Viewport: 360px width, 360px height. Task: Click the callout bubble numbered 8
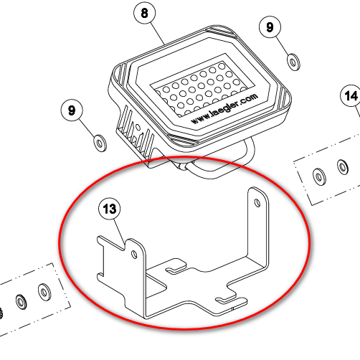[144, 13]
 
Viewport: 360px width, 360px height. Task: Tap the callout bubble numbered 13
[110, 209]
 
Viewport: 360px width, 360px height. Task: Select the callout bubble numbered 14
[351, 95]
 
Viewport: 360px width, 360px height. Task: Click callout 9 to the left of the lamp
[72, 110]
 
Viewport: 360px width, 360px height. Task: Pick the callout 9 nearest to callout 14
[270, 27]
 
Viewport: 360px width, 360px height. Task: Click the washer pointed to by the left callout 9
[100, 143]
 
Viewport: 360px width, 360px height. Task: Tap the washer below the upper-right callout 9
[293, 62]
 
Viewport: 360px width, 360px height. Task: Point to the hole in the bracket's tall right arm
[257, 203]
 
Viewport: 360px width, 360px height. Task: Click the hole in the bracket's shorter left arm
[134, 255]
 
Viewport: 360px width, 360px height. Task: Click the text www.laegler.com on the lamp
[224, 108]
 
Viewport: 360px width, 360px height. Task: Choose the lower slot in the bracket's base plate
[226, 300]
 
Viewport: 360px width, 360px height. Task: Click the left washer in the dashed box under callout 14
[319, 176]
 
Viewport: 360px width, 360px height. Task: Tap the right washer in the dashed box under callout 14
[343, 167]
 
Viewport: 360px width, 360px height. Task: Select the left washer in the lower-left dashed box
[21, 302]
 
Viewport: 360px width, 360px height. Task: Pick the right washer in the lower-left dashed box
[44, 292]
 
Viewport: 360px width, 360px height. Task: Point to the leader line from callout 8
[158, 34]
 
